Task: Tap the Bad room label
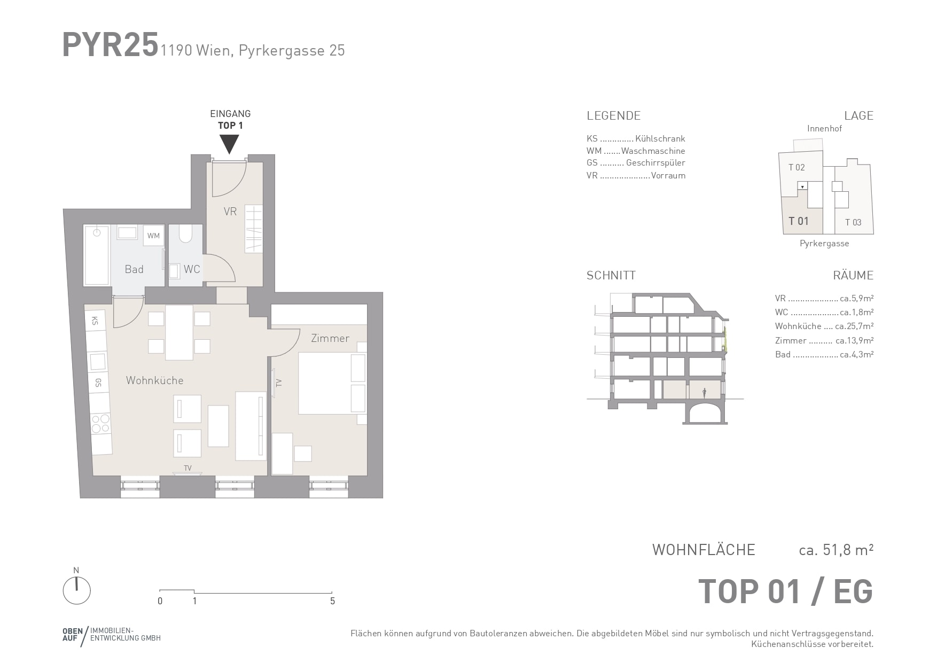(134, 269)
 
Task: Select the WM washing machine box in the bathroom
(153, 236)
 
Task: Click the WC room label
(192, 269)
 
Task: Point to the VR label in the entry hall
(230, 212)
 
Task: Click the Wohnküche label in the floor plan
(155, 380)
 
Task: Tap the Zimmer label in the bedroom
(330, 338)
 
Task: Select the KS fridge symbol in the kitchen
(95, 321)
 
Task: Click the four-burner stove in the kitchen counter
(100, 424)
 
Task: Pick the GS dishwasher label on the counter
(98, 383)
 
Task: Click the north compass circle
(77, 591)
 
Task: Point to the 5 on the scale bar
(332, 601)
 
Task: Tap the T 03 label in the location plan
(853, 222)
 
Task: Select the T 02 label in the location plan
(797, 167)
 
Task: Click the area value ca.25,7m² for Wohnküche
(854, 326)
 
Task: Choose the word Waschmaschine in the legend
(653, 151)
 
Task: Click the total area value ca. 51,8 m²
(836, 550)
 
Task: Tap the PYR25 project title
(111, 44)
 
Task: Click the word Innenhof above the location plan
(824, 128)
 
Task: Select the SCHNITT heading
(611, 276)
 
